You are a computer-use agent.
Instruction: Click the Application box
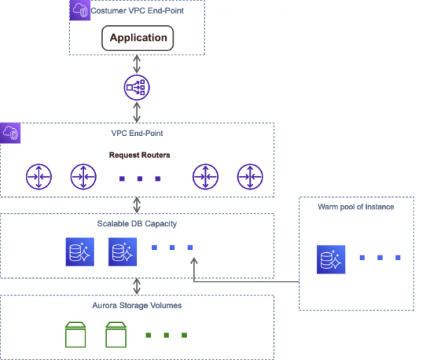click(138, 38)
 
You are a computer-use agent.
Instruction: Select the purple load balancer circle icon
click(136, 88)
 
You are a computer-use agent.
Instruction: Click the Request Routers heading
click(139, 154)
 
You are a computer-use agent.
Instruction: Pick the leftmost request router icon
click(38, 178)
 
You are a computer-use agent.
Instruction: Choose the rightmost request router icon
click(249, 178)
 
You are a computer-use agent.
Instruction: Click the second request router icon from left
click(83, 178)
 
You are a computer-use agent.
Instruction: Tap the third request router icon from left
click(206, 178)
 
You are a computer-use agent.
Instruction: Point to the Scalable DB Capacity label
click(137, 223)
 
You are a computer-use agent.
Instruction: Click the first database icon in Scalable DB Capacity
click(79, 252)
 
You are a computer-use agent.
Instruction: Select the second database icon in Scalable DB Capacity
click(122, 252)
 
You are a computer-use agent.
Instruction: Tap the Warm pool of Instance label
click(356, 207)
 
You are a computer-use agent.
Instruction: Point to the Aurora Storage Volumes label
click(137, 305)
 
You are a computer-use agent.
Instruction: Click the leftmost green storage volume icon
click(75, 335)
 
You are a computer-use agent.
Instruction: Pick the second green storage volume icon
click(118, 335)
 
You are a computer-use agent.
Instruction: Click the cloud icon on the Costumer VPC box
click(80, 10)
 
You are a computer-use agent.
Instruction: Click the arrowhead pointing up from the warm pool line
click(192, 261)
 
